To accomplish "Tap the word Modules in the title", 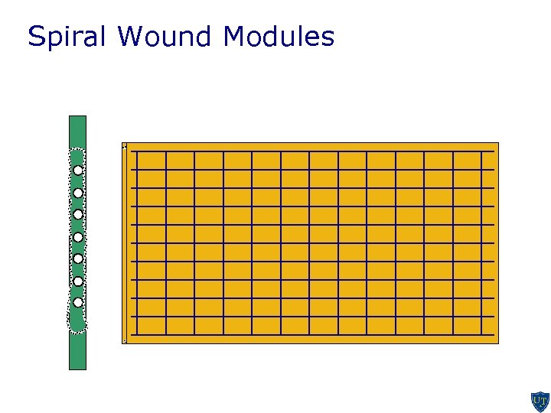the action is [279, 36].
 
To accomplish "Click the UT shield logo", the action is [540, 402].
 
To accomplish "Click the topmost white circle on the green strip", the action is [78, 171].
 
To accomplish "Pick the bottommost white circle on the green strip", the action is [78, 302].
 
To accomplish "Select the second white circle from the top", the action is [78, 193].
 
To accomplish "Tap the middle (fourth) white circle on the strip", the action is [78, 237].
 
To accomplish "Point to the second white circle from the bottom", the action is [78, 281].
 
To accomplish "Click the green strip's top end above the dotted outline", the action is [77, 130].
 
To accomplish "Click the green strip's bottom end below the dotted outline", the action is [77, 352].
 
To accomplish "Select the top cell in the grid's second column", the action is [181, 160].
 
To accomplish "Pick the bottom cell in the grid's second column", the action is [181, 326].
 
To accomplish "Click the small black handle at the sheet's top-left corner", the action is [124, 145].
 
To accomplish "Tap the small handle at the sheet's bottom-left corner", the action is [124, 341].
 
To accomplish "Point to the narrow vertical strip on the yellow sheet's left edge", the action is [124, 243].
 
